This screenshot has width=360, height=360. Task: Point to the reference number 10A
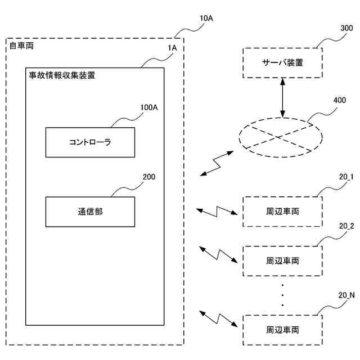tap(206, 19)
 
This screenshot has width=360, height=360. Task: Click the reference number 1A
tap(172, 48)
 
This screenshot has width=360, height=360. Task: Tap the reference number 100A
tap(149, 107)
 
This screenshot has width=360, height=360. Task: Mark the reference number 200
tap(149, 177)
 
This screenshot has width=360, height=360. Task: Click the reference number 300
tap(346, 28)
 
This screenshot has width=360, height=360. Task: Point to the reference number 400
tap(340, 100)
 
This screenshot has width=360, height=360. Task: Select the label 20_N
tap(346, 295)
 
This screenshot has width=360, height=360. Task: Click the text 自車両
tap(21, 46)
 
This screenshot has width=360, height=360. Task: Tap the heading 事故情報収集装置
tap(62, 75)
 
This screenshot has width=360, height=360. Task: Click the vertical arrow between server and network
tap(282, 98)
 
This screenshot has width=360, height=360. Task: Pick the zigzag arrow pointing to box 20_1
tap(217, 211)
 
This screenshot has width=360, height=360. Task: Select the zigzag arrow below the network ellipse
tap(217, 163)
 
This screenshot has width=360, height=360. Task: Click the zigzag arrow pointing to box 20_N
tap(218, 319)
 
